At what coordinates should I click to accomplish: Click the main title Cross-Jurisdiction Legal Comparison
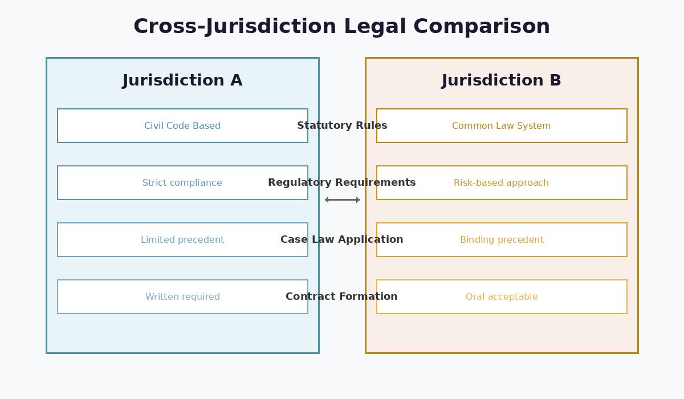click(x=341, y=27)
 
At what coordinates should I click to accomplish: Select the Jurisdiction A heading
click(x=182, y=81)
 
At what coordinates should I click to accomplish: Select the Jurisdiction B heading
click(x=501, y=81)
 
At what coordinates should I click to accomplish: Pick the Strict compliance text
click(x=182, y=183)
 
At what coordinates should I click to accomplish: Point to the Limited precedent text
click(x=182, y=240)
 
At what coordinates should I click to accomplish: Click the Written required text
click(x=182, y=297)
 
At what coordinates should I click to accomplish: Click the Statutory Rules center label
click(x=342, y=126)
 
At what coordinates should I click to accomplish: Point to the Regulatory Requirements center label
click(x=342, y=183)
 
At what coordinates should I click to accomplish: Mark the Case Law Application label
click(x=342, y=240)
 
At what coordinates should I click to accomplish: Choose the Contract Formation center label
click(x=342, y=297)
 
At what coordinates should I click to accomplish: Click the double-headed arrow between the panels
click(x=342, y=199)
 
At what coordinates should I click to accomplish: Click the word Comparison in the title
click(x=482, y=27)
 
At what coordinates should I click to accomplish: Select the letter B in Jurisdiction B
click(x=555, y=81)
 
